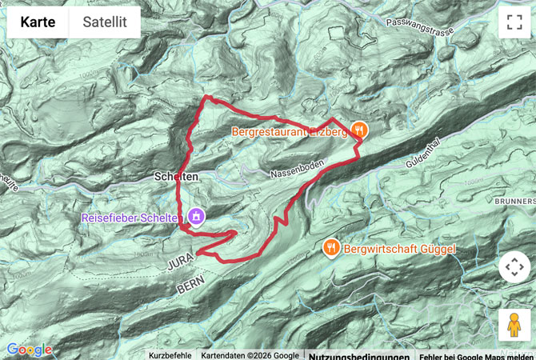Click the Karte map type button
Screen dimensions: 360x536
38,22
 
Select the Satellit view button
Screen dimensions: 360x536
105,22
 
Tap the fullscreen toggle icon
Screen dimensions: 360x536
514,22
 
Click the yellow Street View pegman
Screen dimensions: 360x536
514,325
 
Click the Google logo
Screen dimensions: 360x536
29,350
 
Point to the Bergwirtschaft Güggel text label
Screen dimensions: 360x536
399,250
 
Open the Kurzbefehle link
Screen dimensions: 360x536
170,355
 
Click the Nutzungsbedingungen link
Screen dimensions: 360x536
358,355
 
